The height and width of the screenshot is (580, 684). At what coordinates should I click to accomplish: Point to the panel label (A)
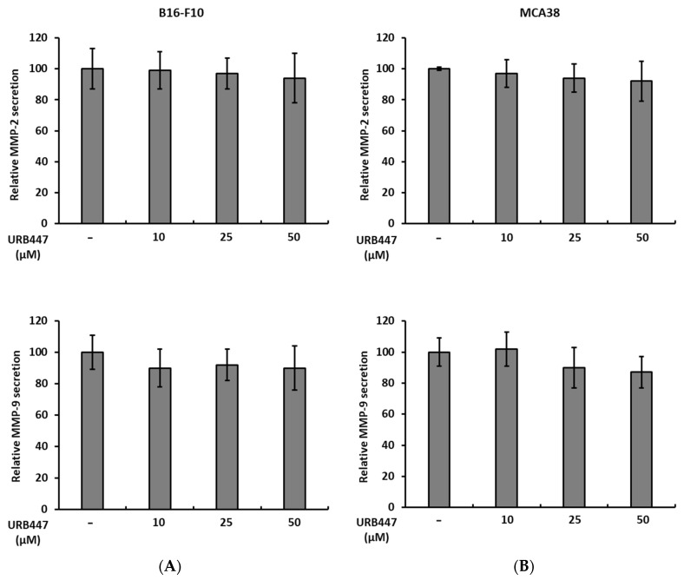tap(170, 566)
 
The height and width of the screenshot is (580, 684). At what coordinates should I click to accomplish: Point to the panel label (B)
tap(523, 566)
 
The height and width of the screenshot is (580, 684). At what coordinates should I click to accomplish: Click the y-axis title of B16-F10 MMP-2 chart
tap(16, 131)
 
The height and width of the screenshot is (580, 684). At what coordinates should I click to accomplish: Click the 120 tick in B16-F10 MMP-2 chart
tap(40, 38)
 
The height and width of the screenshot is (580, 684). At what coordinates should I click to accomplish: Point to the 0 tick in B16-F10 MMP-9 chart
tap(46, 509)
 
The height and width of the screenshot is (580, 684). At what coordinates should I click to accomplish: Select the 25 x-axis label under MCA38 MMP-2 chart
tap(574, 236)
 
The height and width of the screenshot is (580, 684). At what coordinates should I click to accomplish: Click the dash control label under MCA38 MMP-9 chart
tap(439, 520)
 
